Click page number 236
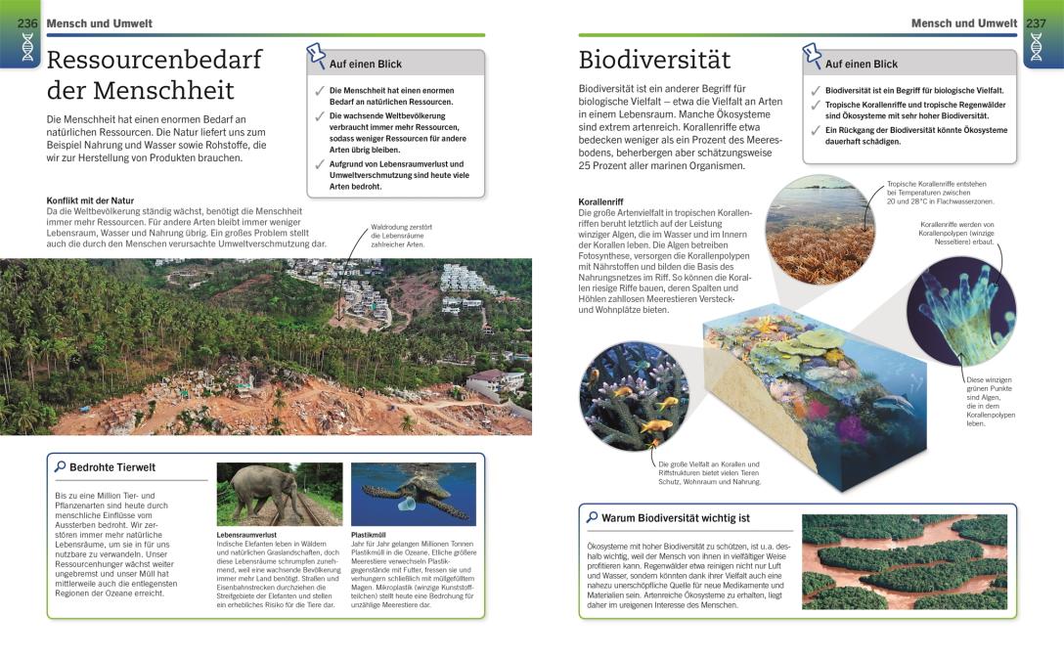tap(27, 22)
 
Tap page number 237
tap(1036, 22)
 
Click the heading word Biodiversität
tap(654, 60)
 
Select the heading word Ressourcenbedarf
tap(155, 60)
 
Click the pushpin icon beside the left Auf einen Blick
tap(315, 55)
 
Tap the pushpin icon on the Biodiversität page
tap(812, 55)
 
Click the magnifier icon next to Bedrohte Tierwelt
tap(60, 466)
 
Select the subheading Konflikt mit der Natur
tap(90, 200)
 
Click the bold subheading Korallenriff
tap(600, 202)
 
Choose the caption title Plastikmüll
tap(368, 535)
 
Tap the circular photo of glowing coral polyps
tap(960, 312)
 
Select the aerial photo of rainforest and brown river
tap(904, 561)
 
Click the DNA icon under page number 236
tap(27, 49)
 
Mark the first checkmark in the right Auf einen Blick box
tap(814, 90)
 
